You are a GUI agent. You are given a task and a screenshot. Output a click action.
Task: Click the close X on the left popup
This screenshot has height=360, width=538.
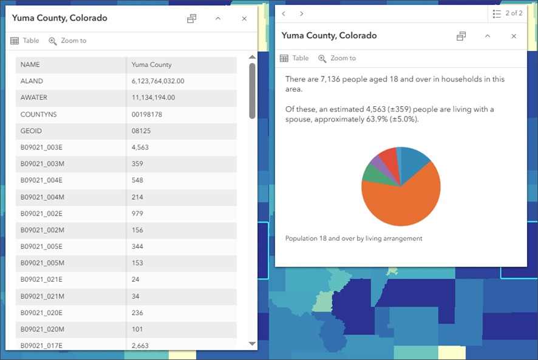click(x=244, y=19)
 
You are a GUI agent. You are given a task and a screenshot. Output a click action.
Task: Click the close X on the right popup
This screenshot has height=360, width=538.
click(x=514, y=36)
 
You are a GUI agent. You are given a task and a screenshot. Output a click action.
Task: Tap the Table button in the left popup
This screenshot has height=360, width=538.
click(x=25, y=41)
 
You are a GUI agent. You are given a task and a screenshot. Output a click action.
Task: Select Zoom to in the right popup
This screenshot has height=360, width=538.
click(x=337, y=58)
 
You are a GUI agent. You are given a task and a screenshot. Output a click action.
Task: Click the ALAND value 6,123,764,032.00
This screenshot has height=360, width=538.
click(x=157, y=81)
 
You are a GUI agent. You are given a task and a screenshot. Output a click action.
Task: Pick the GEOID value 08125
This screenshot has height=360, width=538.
click(x=141, y=131)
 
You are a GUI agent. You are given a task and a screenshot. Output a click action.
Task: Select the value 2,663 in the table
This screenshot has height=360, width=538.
click(x=140, y=345)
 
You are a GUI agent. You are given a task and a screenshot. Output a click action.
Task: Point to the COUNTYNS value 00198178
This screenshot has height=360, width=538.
click(x=147, y=114)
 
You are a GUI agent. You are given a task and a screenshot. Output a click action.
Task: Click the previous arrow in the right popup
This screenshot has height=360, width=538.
click(x=284, y=13)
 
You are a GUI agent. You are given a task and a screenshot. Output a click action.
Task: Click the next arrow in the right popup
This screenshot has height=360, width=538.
click(x=302, y=13)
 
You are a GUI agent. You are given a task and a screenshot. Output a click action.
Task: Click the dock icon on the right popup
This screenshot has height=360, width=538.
click(x=461, y=36)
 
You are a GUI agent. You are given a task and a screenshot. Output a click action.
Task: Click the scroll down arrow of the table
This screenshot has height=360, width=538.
click(x=253, y=344)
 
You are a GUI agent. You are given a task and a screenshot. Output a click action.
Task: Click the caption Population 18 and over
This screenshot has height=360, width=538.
click(x=353, y=239)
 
